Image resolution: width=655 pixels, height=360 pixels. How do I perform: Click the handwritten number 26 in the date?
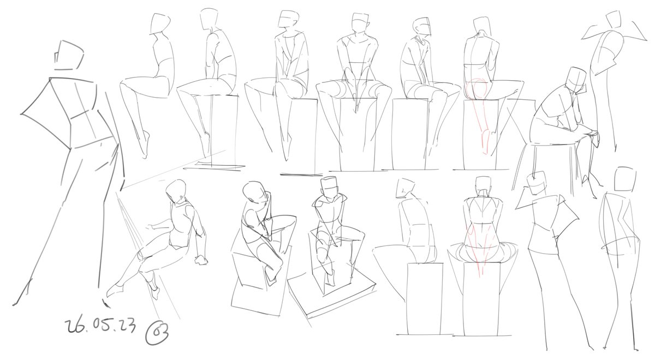(x=76, y=326)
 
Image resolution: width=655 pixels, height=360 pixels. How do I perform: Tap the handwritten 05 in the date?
(x=102, y=325)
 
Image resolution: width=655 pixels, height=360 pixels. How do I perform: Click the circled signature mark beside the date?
(x=157, y=333)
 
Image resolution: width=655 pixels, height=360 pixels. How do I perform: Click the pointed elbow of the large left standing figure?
(x=22, y=113)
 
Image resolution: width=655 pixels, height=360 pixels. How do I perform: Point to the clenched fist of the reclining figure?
(x=201, y=260)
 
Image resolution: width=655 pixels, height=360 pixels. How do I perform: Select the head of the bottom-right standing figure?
(x=624, y=179)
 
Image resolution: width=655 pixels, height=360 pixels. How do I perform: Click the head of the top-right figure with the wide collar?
(x=614, y=19)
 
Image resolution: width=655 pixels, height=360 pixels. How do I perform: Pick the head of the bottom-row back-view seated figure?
(x=484, y=184)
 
